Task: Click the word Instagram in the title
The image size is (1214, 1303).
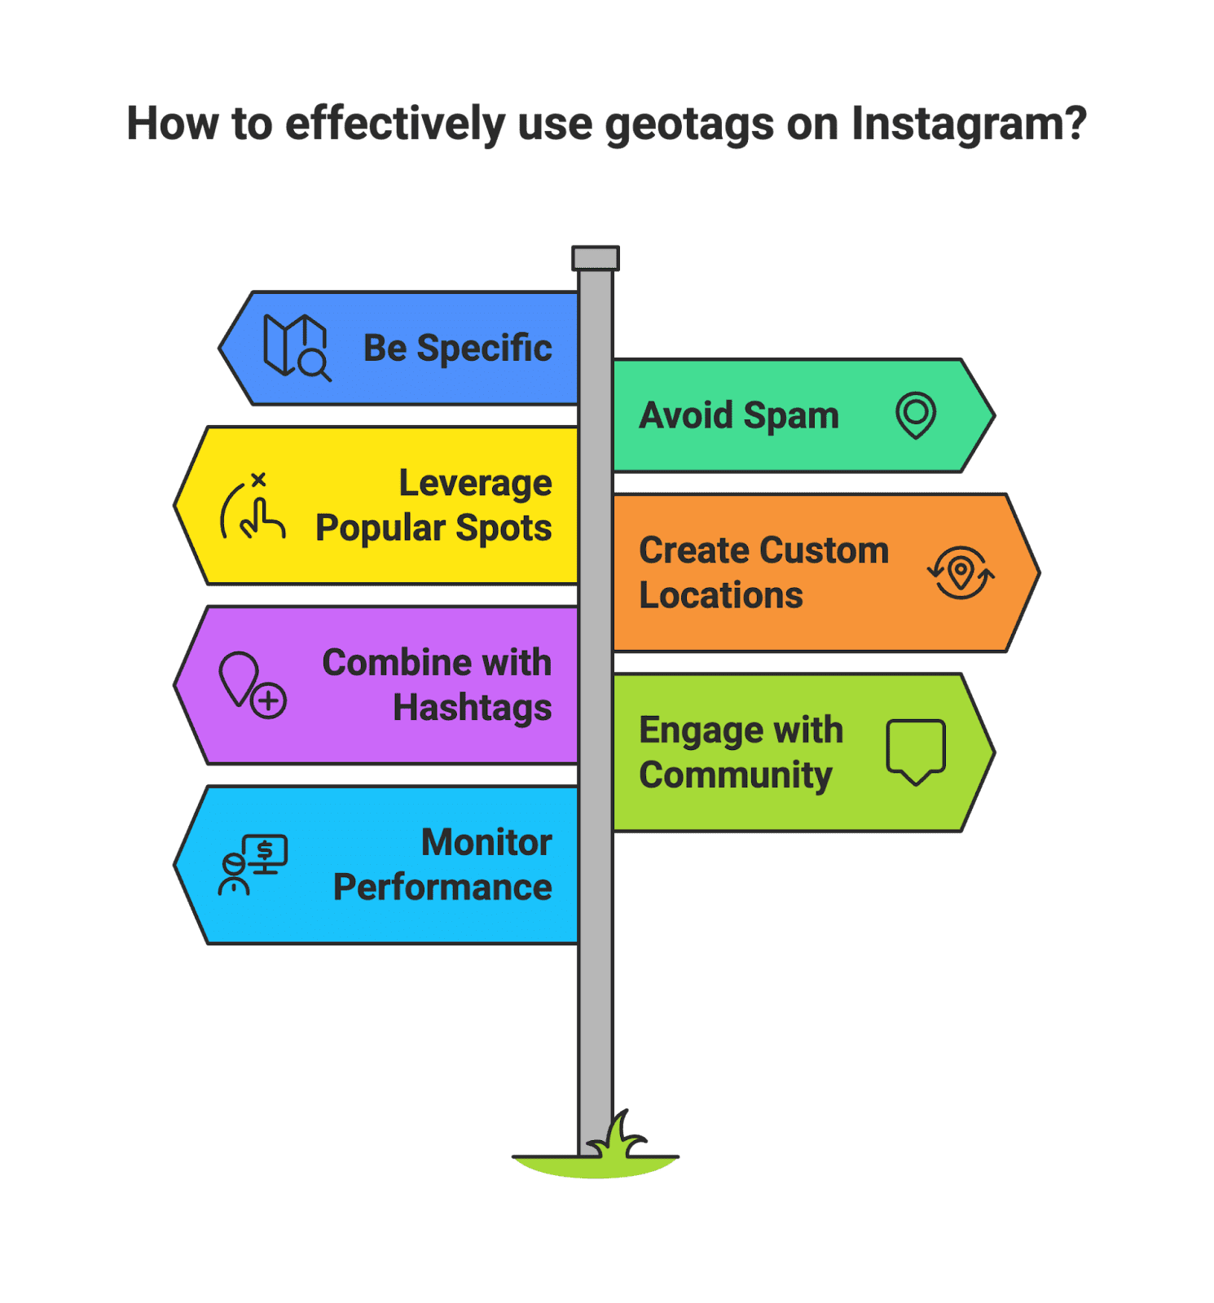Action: [x=968, y=125]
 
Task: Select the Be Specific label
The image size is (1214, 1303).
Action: [x=457, y=349]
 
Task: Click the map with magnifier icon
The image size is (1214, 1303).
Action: [x=297, y=348]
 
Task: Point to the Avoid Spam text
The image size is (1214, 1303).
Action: [x=738, y=415]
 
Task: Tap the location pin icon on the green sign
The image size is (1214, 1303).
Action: [x=916, y=415]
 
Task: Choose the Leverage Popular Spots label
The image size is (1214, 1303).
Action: [x=433, y=506]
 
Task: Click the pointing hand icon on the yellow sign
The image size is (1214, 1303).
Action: [x=253, y=508]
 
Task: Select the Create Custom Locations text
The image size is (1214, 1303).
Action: [x=763, y=573]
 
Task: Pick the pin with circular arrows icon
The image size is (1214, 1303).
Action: [x=961, y=573]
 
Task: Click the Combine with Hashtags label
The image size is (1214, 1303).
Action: [x=437, y=685]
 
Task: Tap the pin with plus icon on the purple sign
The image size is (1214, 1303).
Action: [x=252, y=685]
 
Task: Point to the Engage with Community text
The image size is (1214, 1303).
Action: [x=741, y=752]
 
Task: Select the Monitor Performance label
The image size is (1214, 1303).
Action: [x=442, y=865]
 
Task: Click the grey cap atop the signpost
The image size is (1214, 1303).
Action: [x=596, y=258]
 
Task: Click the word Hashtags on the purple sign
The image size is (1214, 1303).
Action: [x=472, y=708]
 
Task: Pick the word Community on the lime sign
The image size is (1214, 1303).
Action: [x=736, y=775]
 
